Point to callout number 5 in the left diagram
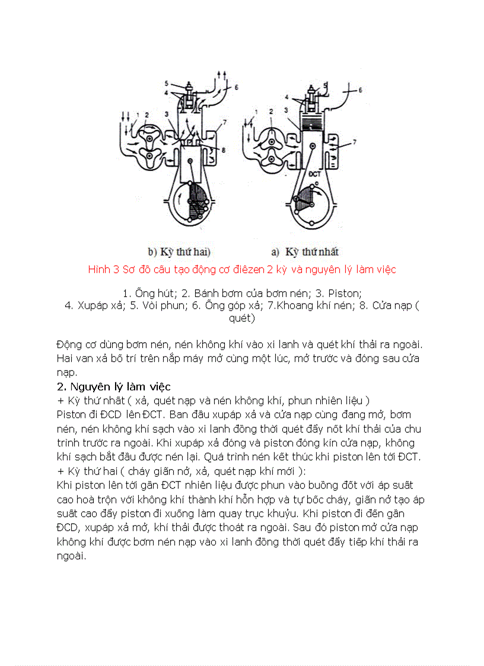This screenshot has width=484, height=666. [167, 82]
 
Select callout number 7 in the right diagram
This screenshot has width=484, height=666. [354, 142]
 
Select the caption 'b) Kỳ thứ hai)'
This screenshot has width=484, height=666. [179, 251]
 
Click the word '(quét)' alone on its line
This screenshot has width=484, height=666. [241, 318]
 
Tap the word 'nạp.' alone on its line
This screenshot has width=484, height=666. [66, 372]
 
